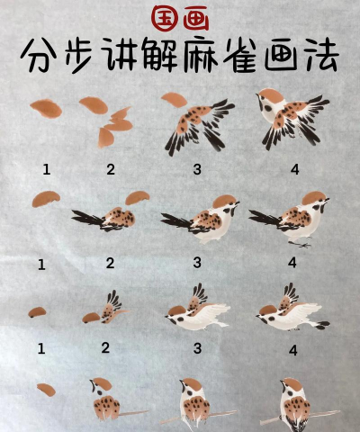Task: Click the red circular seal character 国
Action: click(x=166, y=18)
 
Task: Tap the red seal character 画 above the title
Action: click(x=196, y=20)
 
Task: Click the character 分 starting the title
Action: click(x=39, y=55)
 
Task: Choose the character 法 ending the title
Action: click(x=320, y=56)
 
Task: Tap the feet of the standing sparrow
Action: click(x=300, y=244)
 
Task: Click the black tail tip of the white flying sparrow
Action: click(x=322, y=325)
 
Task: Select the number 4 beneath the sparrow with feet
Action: click(x=292, y=263)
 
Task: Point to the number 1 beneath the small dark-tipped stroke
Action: click(x=41, y=348)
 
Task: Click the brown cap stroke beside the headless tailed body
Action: click(x=138, y=198)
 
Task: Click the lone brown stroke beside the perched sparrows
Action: click(x=47, y=390)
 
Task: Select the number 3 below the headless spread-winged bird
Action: click(x=197, y=170)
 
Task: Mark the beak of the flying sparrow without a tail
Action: click(x=167, y=316)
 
